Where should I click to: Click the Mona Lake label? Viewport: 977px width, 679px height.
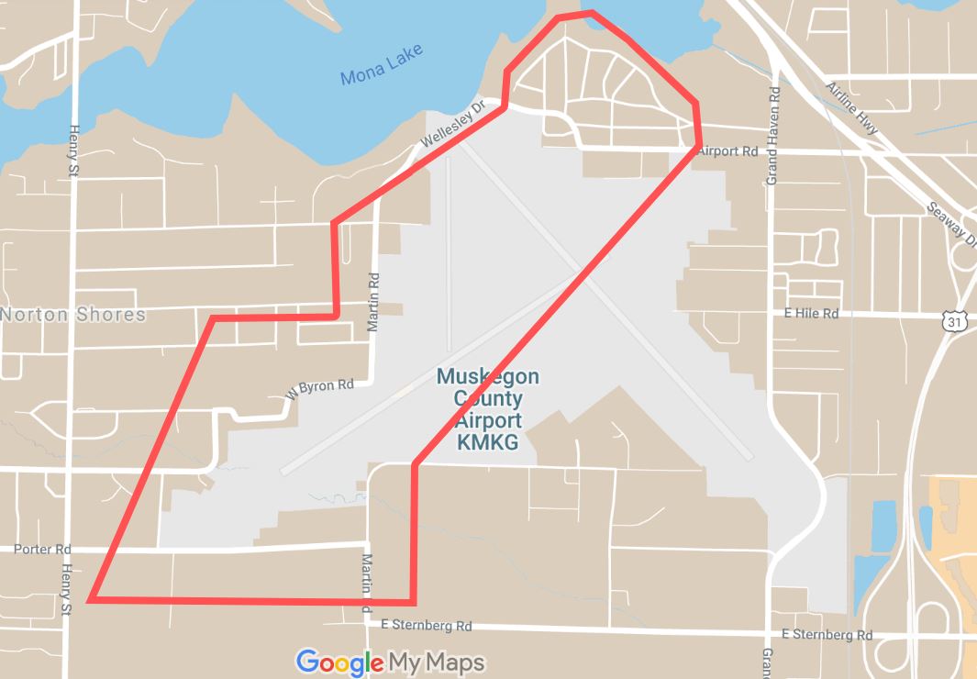pos(382,65)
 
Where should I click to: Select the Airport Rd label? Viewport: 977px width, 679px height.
pos(727,151)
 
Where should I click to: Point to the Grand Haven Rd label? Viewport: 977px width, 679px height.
pos(773,137)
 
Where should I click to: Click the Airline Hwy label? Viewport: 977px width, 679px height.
pos(852,108)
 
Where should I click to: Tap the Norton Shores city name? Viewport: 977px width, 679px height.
pos(73,315)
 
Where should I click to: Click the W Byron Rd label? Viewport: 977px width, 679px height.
pos(319,388)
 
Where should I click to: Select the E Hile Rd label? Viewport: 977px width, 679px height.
pos(811,314)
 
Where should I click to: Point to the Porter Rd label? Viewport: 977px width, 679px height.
pos(42,550)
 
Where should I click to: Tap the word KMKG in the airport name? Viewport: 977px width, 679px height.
pos(487,443)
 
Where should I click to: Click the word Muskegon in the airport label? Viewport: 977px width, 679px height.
pos(487,377)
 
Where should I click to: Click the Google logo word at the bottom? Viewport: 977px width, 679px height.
pos(339,662)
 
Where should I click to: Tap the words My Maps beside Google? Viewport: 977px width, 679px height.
pos(437,662)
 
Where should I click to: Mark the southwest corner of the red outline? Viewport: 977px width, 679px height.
pos(91,600)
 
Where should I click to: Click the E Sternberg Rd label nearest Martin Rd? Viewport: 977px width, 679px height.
pos(426,627)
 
